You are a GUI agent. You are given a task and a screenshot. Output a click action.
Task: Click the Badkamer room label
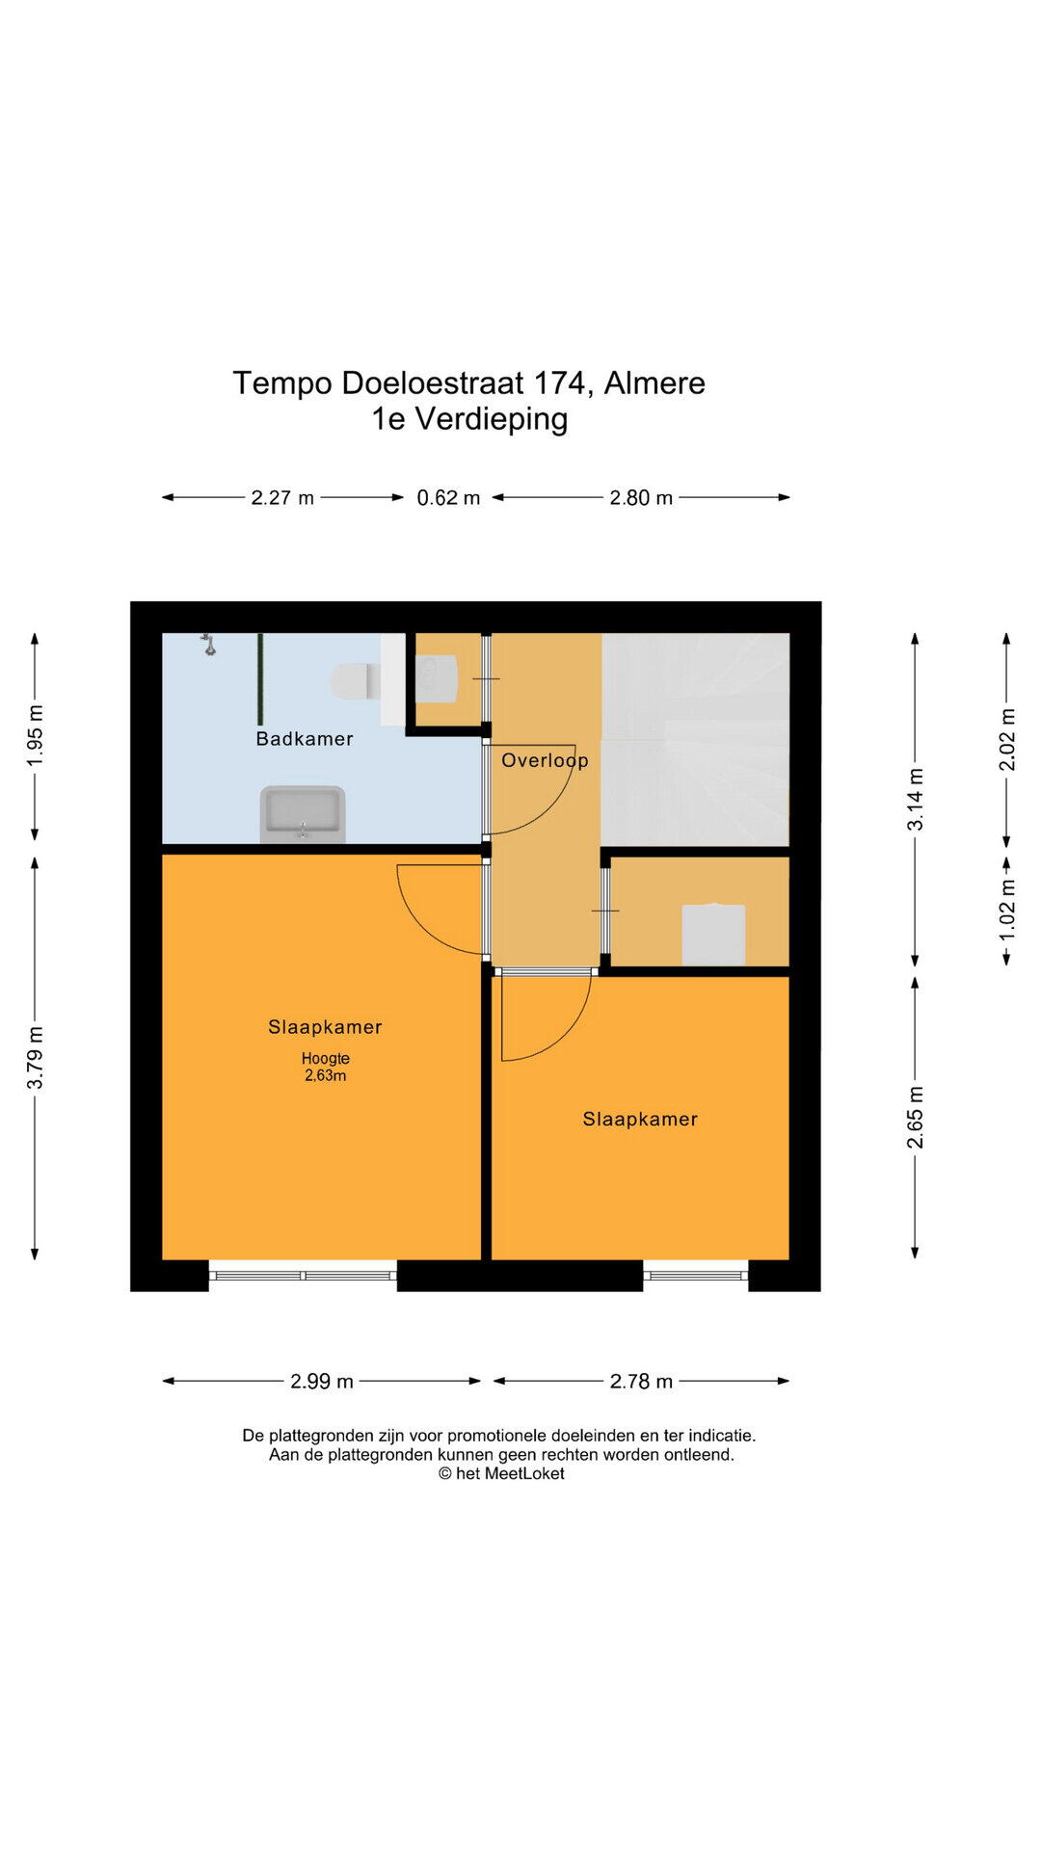(305, 739)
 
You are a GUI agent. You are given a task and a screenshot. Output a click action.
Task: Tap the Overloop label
(545, 760)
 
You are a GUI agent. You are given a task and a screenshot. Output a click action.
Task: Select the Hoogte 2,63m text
(326, 1067)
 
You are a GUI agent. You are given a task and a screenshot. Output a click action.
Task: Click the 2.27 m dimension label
(282, 498)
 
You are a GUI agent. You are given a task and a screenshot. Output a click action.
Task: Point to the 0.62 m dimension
(448, 498)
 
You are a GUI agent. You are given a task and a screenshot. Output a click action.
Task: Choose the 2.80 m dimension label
(641, 498)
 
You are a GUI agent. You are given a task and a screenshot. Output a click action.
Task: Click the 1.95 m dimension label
(35, 736)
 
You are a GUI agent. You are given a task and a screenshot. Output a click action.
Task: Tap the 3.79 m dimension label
(35, 1058)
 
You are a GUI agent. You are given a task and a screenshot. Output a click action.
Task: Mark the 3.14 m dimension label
(916, 799)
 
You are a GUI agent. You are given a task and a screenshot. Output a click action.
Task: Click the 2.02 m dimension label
(1007, 739)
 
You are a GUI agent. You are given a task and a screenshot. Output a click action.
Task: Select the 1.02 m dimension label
(1007, 911)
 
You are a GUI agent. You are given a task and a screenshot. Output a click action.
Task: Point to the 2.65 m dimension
(916, 1118)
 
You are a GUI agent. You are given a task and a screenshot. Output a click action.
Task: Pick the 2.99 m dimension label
(322, 1382)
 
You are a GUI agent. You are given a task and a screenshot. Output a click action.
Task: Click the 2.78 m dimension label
(641, 1382)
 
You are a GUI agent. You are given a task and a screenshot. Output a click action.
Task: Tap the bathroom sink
(303, 814)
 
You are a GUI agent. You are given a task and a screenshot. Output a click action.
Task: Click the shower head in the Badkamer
(208, 645)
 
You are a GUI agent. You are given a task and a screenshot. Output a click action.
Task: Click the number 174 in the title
(559, 383)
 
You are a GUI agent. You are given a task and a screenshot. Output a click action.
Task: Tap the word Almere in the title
(654, 383)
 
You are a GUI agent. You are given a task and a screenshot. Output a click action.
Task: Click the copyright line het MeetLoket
(501, 1473)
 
